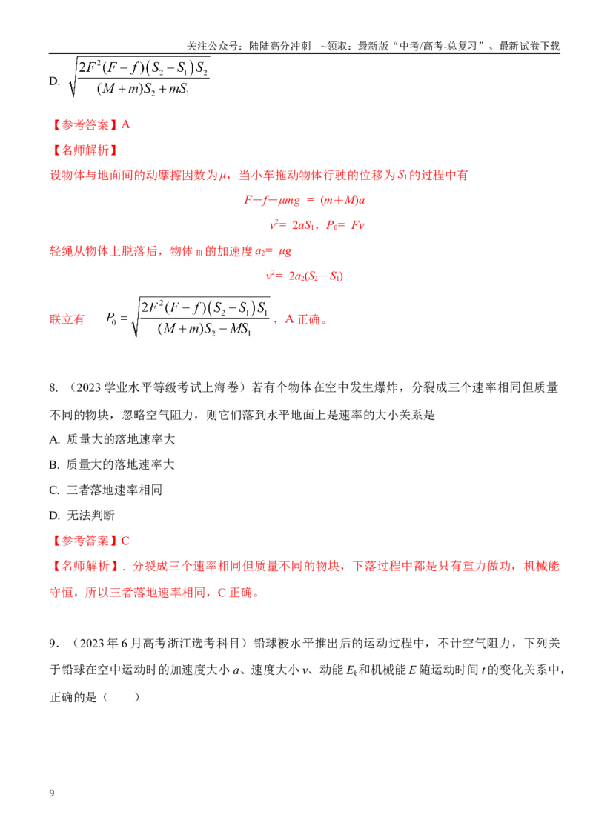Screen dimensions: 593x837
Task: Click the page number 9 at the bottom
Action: click(52, 793)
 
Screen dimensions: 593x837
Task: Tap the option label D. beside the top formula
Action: click(55, 81)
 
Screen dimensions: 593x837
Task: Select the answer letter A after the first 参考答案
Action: click(126, 124)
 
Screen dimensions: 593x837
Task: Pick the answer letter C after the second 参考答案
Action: click(125, 541)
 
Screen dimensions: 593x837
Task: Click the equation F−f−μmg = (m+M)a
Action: click(305, 200)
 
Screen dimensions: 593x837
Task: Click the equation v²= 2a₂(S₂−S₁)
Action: click(305, 276)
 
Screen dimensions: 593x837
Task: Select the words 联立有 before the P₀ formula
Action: click(67, 319)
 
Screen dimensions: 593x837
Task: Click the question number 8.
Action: click(53, 387)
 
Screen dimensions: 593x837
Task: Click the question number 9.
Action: click(53, 643)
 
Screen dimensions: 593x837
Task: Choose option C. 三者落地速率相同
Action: click(105, 490)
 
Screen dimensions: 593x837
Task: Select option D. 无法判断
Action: click(82, 515)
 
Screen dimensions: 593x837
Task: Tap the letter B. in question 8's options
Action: click(54, 465)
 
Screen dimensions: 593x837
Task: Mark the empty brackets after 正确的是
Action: click(121, 696)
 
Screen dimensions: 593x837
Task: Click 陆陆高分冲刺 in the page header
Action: click(280, 47)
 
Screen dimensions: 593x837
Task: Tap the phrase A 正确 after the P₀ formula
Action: click(302, 319)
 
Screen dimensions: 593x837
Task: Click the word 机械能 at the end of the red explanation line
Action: click(542, 566)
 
